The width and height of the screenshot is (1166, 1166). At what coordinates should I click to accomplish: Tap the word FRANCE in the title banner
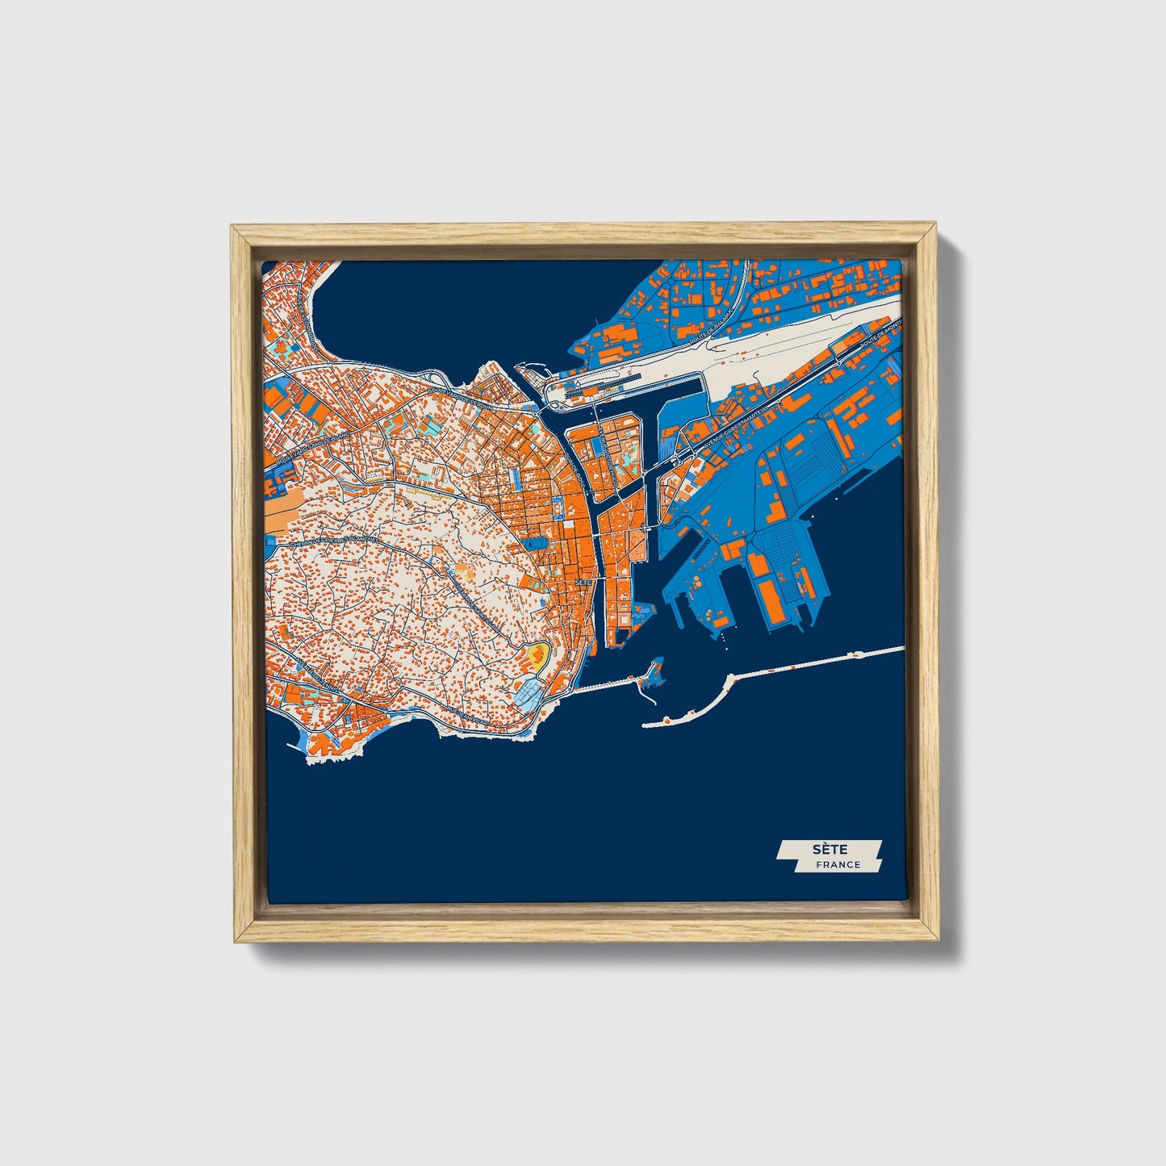838,865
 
